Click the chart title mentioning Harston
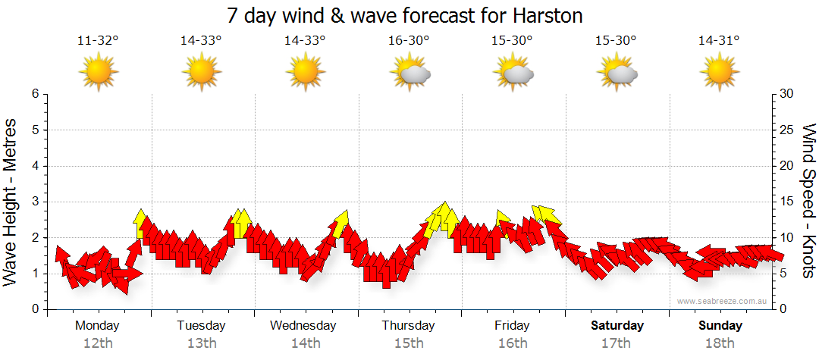click(x=409, y=15)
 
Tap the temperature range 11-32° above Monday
click(x=98, y=41)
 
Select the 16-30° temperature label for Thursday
click(x=409, y=41)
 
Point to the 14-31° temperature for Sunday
click(x=719, y=41)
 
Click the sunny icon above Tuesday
click(x=202, y=74)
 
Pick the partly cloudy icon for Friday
click(x=513, y=74)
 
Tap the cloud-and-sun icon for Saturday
click(x=617, y=74)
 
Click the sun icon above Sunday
click(x=720, y=74)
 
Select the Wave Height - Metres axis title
click(x=12, y=202)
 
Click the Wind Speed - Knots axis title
click(x=808, y=202)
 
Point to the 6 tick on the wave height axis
click(x=35, y=94)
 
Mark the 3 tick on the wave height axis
click(x=35, y=202)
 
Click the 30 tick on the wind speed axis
click(x=787, y=94)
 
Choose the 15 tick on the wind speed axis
click(x=787, y=202)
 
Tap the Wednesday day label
click(x=303, y=326)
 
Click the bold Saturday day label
click(x=617, y=326)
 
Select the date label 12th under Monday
click(x=98, y=343)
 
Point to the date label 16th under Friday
click(x=513, y=343)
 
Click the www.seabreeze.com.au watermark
click(x=723, y=301)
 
